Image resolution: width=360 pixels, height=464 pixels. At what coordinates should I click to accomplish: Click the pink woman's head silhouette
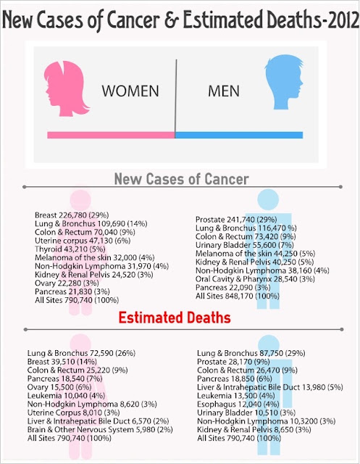(x=66, y=88)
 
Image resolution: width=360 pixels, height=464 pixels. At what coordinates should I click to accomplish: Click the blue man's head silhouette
(x=284, y=81)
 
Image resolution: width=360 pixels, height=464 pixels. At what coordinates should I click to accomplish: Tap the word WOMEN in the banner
(x=130, y=91)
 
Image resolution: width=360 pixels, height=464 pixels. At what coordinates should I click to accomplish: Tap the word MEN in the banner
(x=224, y=91)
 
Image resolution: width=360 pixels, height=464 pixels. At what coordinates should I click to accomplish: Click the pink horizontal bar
(x=111, y=135)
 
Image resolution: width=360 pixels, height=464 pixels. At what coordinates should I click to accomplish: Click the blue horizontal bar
(x=239, y=135)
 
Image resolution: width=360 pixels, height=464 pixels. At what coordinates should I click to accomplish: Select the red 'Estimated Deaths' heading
(x=175, y=318)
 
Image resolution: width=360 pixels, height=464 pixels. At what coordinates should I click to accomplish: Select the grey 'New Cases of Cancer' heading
(x=182, y=179)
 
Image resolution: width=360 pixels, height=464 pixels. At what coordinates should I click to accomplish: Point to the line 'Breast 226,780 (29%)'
(x=72, y=215)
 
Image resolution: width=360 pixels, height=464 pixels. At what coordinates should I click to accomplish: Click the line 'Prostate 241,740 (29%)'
(x=236, y=220)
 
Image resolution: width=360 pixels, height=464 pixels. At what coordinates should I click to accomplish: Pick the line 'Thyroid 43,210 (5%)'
(x=70, y=249)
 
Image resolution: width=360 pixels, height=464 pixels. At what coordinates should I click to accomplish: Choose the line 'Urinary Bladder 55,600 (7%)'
(x=245, y=245)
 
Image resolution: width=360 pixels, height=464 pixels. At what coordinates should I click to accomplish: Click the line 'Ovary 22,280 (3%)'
(x=67, y=283)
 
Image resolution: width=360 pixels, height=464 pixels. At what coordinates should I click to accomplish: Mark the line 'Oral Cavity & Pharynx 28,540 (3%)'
(x=255, y=279)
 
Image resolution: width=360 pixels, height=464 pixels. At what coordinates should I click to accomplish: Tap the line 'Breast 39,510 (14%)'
(x=62, y=362)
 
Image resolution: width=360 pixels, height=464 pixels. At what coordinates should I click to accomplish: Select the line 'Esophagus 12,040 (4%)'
(x=238, y=405)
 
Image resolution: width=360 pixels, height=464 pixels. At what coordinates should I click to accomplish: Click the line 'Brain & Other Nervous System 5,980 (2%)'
(x=100, y=430)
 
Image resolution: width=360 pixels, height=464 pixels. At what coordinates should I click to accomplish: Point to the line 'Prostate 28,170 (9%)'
(x=233, y=362)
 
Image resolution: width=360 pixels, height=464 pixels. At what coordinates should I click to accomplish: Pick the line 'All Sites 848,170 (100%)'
(x=238, y=296)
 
